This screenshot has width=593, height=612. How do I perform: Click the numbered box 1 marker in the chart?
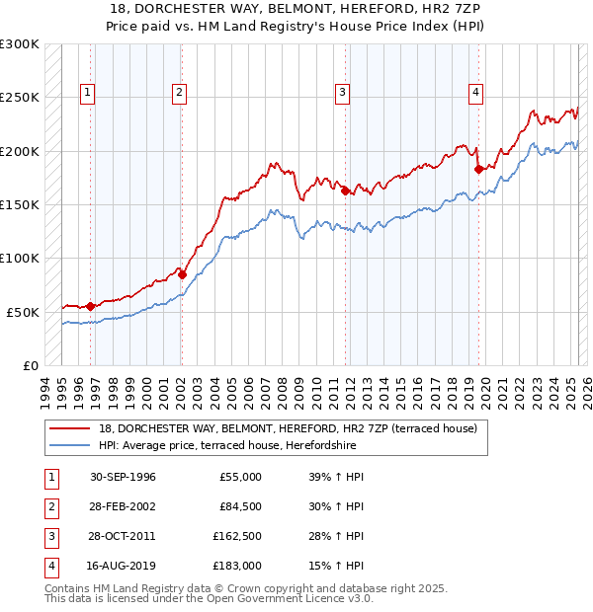coord(88,93)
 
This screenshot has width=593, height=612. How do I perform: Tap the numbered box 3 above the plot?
coord(342,93)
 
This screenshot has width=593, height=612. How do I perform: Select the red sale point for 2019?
coord(478,169)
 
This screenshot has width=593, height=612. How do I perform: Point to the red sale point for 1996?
coord(90,306)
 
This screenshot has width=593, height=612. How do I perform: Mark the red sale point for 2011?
coord(346,191)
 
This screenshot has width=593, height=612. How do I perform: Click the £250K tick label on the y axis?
coord(20,98)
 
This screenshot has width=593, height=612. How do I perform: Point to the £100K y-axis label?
coord(20,258)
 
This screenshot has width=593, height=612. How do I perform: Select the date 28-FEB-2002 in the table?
coord(123,507)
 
